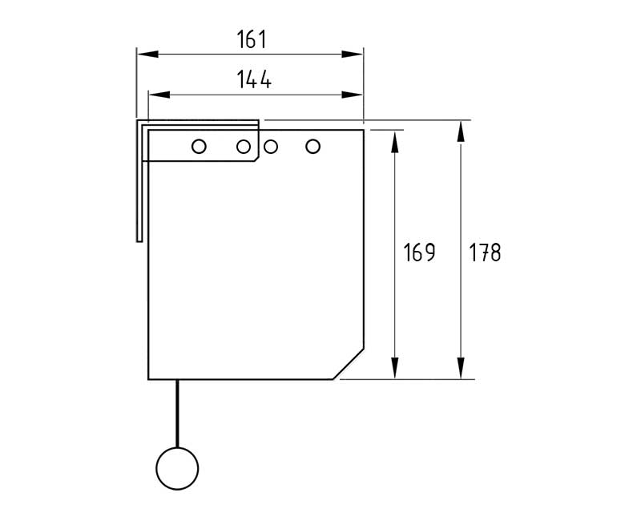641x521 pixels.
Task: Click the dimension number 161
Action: pyautogui.click(x=252, y=39)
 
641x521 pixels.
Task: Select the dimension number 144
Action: pyautogui.click(x=254, y=79)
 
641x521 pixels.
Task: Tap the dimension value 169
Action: pyautogui.click(x=419, y=252)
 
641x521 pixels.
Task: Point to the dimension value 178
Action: pyautogui.click(x=485, y=252)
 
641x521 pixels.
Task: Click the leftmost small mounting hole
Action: pyautogui.click(x=199, y=147)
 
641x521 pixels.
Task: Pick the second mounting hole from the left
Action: pyautogui.click(x=244, y=147)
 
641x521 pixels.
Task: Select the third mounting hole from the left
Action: pyautogui.click(x=271, y=147)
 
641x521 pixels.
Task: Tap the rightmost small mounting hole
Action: pyautogui.click(x=312, y=147)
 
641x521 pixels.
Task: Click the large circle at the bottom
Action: pyautogui.click(x=177, y=468)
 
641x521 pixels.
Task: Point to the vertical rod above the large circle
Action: pyautogui.click(x=177, y=414)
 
